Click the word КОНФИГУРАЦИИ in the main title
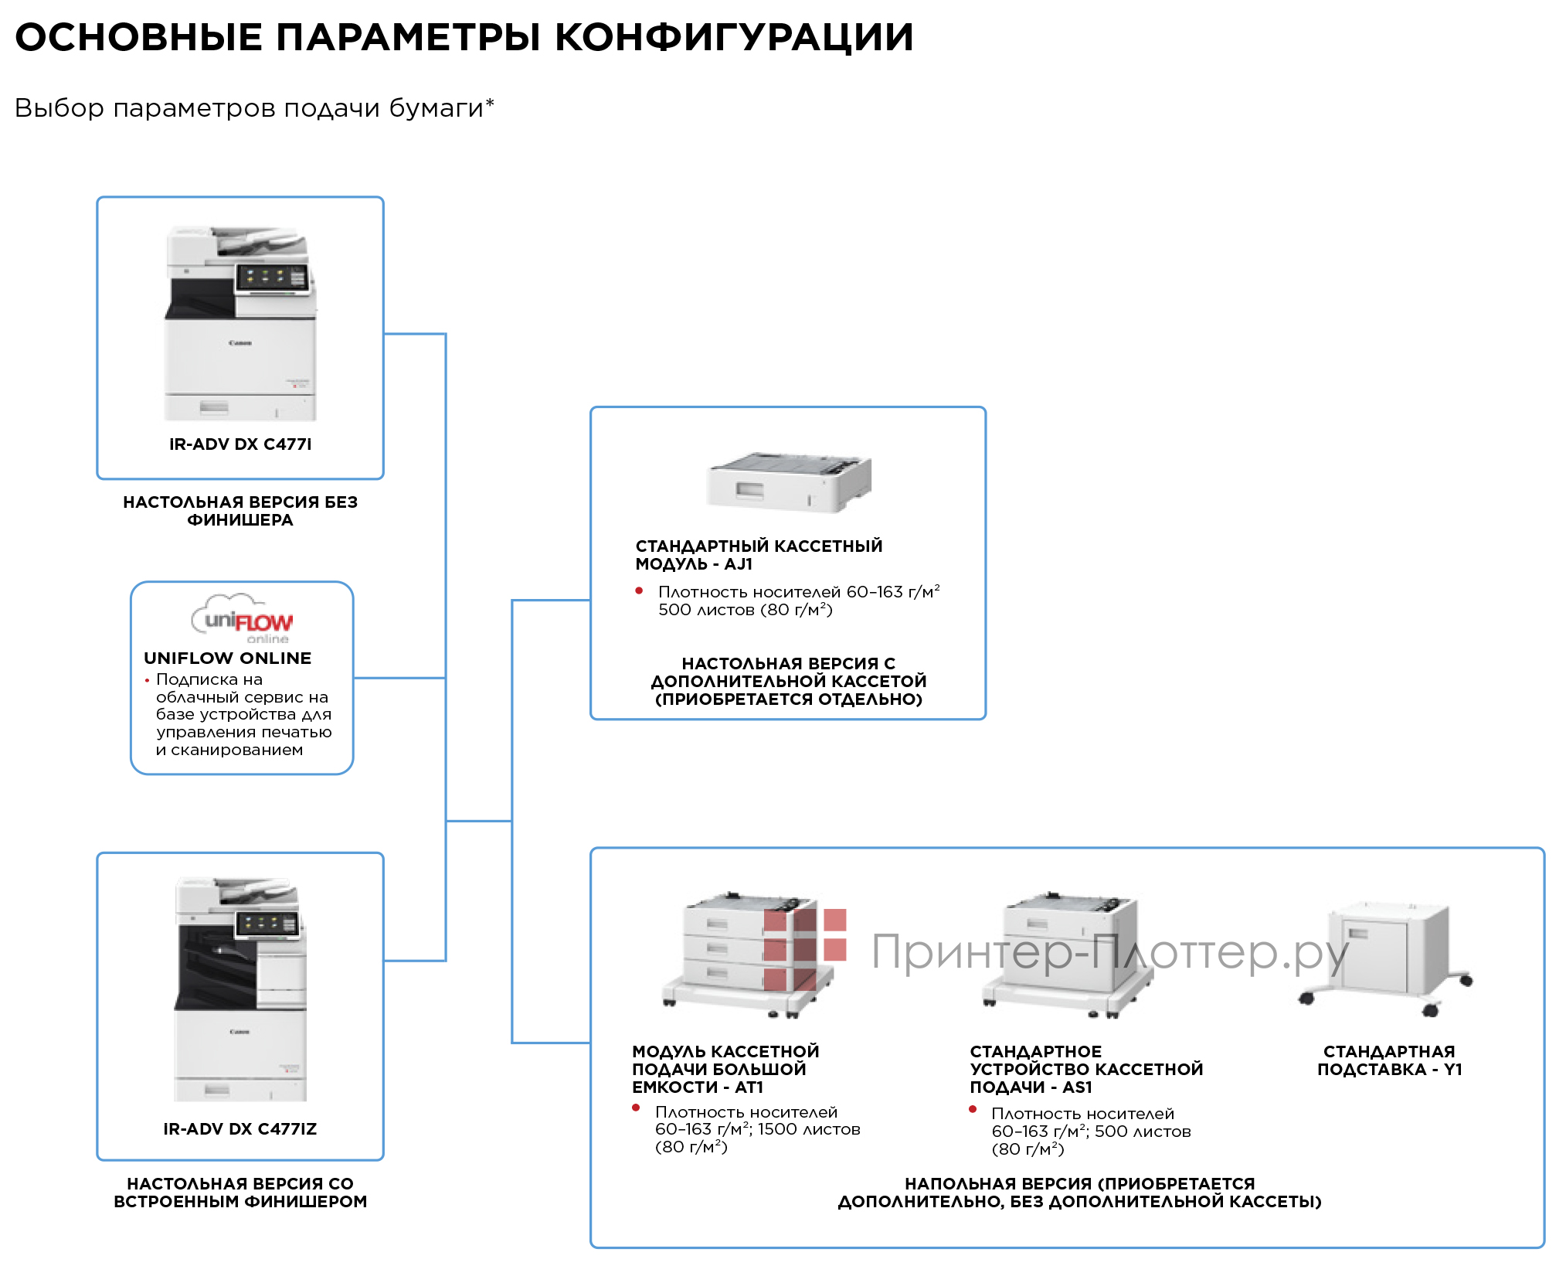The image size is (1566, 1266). [x=734, y=37]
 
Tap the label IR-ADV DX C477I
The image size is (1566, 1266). [x=240, y=444]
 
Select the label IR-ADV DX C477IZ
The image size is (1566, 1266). [x=240, y=1129]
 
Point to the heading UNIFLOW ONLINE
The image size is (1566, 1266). [x=228, y=659]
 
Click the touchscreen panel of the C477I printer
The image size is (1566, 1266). [x=271, y=277]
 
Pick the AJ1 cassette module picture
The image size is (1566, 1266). [x=789, y=482]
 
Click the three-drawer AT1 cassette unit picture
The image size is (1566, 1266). [x=746, y=955]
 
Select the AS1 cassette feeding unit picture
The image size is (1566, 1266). [x=1066, y=955]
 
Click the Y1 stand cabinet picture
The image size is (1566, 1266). [x=1388, y=955]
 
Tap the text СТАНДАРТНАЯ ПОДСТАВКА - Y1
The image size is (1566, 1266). [x=1389, y=1060]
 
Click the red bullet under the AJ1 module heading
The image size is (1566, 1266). [x=639, y=591]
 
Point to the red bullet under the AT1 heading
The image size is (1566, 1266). [x=636, y=1108]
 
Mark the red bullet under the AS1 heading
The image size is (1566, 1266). [x=973, y=1110]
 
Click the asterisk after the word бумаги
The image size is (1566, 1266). [x=490, y=103]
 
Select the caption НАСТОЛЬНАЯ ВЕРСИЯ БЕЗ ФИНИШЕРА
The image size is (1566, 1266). [x=240, y=511]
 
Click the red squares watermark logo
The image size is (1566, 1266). [x=804, y=949]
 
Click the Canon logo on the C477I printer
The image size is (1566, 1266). [x=240, y=343]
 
